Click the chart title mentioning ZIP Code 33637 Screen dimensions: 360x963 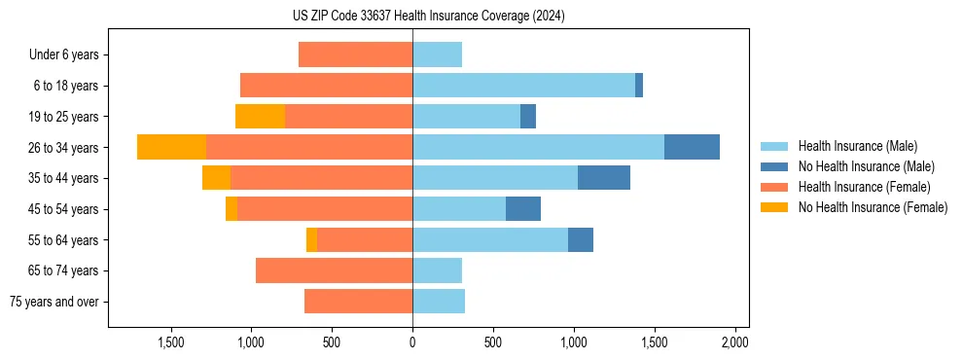click(x=428, y=17)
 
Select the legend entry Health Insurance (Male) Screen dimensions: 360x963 click(x=857, y=146)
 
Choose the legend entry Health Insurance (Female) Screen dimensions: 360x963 click(x=864, y=187)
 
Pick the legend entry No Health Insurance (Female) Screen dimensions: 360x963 click(x=872, y=207)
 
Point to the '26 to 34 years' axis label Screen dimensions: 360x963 click(x=62, y=148)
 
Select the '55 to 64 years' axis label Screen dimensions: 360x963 click(x=62, y=240)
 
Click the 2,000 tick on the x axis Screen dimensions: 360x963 click(x=734, y=342)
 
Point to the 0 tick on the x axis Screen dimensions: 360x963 click(x=412, y=342)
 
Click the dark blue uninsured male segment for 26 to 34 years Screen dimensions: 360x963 click(x=692, y=147)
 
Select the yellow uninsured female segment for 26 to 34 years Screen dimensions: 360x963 click(x=171, y=147)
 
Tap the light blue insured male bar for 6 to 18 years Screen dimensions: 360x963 click(x=523, y=86)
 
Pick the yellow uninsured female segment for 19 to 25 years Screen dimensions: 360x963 click(x=260, y=117)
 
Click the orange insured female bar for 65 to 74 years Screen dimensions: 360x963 click(x=334, y=270)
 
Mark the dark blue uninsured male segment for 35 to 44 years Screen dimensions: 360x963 click(x=604, y=178)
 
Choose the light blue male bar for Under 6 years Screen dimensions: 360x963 click(x=437, y=54)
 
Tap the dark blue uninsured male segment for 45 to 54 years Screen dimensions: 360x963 click(x=523, y=209)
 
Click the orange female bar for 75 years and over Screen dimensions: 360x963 click(x=358, y=302)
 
